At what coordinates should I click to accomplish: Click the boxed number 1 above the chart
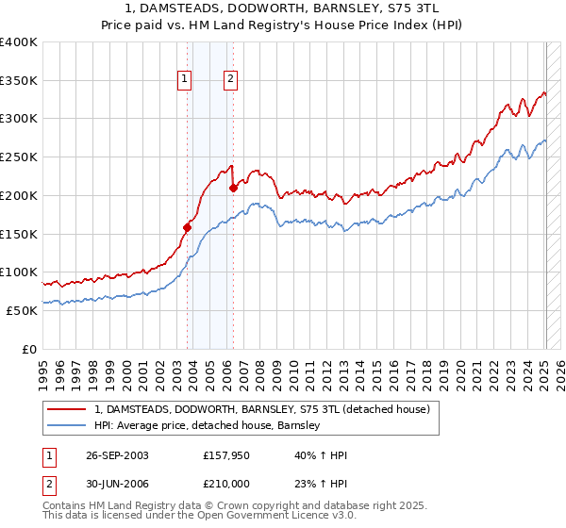(x=184, y=80)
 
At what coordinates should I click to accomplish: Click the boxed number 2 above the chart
(x=230, y=80)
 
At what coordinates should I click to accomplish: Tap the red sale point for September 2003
(x=187, y=227)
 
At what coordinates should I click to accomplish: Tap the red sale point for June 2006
(x=233, y=188)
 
